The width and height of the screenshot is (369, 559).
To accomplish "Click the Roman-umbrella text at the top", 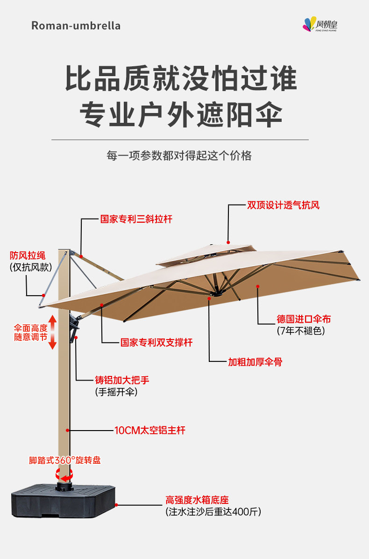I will click(x=76, y=26).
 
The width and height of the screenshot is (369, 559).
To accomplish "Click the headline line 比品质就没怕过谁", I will click(x=180, y=78).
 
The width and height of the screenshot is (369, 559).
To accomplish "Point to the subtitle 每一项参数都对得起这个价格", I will click(x=179, y=156).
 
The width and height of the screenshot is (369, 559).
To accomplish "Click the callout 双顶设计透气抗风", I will click(x=283, y=205).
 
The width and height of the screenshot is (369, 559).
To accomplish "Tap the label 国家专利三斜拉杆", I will click(x=136, y=219).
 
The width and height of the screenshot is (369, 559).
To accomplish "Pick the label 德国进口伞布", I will click(x=304, y=319).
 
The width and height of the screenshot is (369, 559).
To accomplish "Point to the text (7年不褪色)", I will click(x=300, y=331).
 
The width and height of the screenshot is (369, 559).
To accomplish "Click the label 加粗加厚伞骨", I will click(x=255, y=362).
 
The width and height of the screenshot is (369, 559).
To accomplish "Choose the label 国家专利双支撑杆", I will click(x=156, y=343).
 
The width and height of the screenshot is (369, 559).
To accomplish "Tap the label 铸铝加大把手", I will click(x=122, y=380).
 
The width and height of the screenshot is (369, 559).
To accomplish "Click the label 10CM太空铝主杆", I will click(x=149, y=430).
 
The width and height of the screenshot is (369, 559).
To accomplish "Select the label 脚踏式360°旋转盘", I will click(x=64, y=460).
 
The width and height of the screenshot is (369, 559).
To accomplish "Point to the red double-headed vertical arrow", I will click(x=52, y=332).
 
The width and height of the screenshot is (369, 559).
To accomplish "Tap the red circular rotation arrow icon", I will click(x=64, y=475).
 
